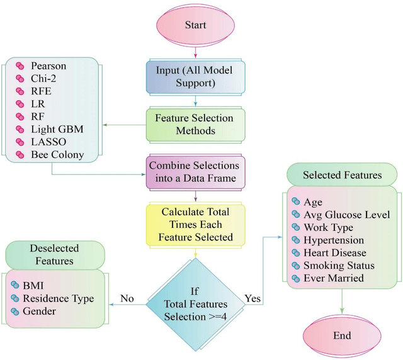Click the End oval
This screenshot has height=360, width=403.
(342, 335)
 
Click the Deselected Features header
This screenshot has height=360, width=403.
(56, 255)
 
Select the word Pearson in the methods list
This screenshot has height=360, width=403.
(49, 65)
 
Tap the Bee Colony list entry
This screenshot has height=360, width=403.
(57, 154)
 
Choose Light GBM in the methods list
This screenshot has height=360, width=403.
(57, 129)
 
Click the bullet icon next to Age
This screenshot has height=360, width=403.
(297, 203)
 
